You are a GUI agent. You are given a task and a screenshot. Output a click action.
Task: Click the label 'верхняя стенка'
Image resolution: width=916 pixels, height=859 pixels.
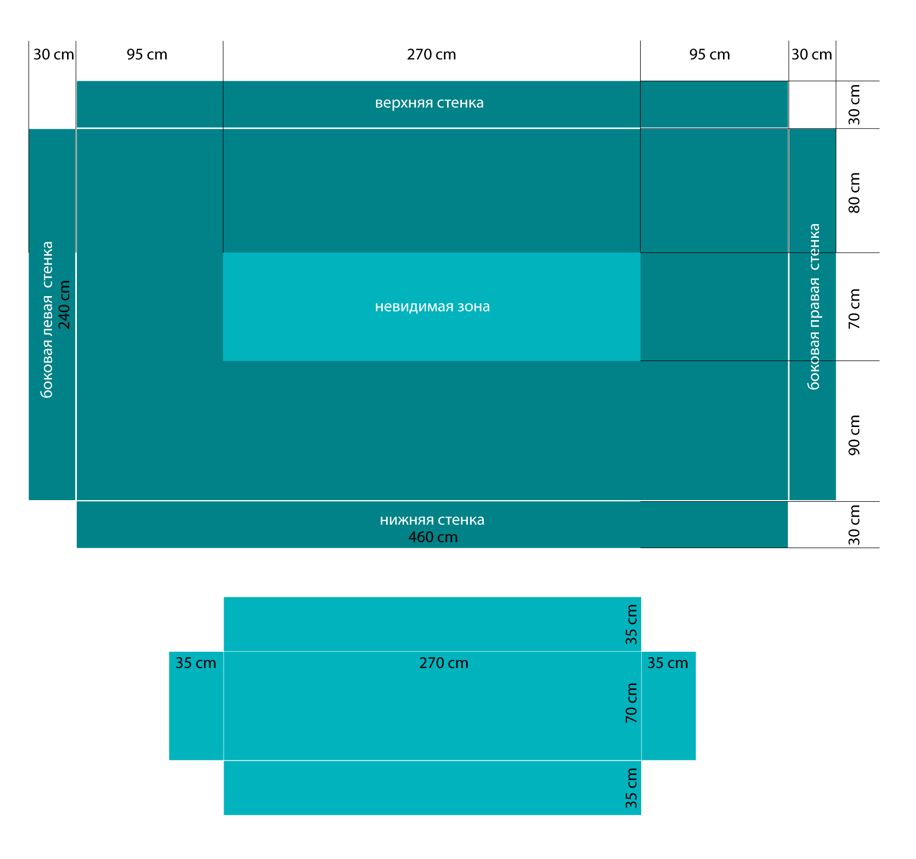pyautogui.click(x=429, y=103)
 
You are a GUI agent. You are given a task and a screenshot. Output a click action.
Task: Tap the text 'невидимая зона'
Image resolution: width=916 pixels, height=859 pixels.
pyautogui.click(x=432, y=307)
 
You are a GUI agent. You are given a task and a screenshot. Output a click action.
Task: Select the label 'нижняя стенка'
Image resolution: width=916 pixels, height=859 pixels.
pyautogui.click(x=432, y=520)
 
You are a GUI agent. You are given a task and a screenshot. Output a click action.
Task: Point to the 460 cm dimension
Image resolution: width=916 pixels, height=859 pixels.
pyautogui.click(x=433, y=537)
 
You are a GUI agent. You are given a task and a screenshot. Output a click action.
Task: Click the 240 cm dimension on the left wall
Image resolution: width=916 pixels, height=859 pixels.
pyautogui.click(x=64, y=305)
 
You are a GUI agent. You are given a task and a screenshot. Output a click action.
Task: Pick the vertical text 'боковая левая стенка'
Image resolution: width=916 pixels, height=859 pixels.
pyautogui.click(x=47, y=320)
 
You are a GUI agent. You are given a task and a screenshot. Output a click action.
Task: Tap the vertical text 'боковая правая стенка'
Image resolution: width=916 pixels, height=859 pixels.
pyautogui.click(x=814, y=307)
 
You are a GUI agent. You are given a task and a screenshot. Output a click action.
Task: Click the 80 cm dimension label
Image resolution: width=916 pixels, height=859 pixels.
pyautogui.click(x=854, y=193)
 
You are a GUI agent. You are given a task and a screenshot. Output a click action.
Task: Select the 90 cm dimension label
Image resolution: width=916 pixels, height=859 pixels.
pyautogui.click(x=854, y=435)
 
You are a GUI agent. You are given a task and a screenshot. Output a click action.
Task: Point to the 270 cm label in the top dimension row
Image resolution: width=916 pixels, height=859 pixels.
pyautogui.click(x=431, y=55)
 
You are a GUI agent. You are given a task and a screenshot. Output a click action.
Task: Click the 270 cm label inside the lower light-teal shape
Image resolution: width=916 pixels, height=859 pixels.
pyautogui.click(x=444, y=663)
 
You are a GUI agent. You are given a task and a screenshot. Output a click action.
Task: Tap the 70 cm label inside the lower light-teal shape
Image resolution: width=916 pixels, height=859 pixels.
pyautogui.click(x=631, y=703)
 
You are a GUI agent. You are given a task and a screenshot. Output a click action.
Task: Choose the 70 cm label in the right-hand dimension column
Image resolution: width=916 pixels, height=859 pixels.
pyautogui.click(x=854, y=309)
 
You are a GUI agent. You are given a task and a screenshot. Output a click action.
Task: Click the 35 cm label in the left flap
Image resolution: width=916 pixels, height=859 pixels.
pyautogui.click(x=196, y=663)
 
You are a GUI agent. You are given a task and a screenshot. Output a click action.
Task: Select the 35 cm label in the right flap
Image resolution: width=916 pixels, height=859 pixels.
pyautogui.click(x=668, y=663)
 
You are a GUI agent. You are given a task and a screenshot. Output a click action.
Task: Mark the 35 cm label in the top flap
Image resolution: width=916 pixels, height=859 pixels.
pyautogui.click(x=631, y=624)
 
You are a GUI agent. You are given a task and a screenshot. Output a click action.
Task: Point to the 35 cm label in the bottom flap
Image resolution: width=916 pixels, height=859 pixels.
pyautogui.click(x=631, y=788)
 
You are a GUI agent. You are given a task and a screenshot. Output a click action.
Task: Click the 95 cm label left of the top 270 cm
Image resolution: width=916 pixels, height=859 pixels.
pyautogui.click(x=147, y=55)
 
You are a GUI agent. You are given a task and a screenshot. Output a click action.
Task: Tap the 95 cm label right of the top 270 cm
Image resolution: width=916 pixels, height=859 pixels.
pyautogui.click(x=710, y=55)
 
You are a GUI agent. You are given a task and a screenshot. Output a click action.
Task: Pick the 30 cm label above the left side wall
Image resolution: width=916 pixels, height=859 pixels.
pyautogui.click(x=54, y=55)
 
